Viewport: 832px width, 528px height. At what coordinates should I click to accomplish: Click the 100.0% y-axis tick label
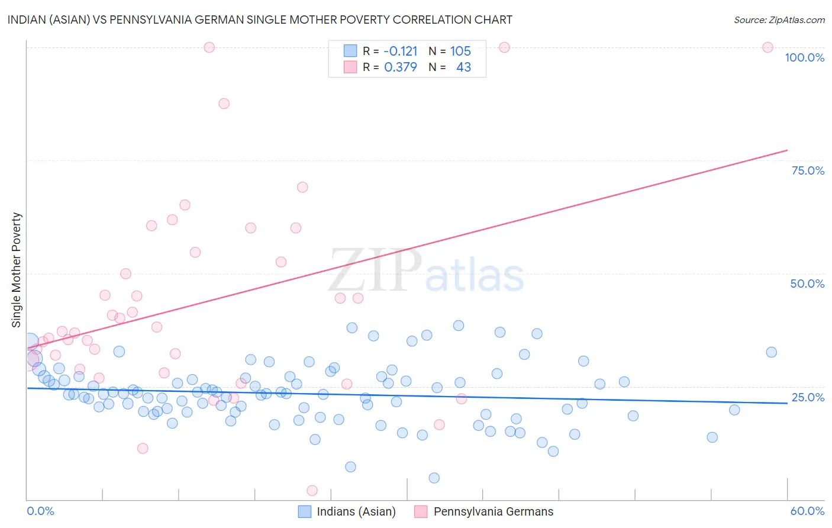[804, 57]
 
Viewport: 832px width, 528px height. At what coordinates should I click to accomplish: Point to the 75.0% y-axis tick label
[808, 170]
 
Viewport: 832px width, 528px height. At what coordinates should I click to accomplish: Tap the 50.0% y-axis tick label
[807, 284]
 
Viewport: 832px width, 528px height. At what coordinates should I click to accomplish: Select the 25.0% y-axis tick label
[808, 397]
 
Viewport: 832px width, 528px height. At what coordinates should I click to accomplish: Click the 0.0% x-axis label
[40, 511]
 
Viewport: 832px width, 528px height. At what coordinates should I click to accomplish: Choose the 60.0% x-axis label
[807, 511]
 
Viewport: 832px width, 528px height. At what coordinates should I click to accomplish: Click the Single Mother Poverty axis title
[16, 270]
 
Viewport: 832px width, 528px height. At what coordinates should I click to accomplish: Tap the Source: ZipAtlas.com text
[779, 20]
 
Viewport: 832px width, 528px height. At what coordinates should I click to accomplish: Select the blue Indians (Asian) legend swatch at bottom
[305, 511]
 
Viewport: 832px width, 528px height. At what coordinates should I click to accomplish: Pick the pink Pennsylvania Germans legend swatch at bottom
[421, 511]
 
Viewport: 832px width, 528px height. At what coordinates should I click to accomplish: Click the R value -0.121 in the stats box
[401, 51]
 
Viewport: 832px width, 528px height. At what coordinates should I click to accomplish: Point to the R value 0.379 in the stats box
[401, 67]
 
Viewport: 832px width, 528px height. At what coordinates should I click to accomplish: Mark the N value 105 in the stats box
[460, 51]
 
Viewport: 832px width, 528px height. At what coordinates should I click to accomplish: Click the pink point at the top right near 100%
[767, 47]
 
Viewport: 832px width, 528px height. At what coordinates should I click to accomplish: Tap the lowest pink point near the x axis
[312, 491]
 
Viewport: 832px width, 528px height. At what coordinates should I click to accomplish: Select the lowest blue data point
[434, 478]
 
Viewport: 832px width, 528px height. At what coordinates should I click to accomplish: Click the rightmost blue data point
[771, 352]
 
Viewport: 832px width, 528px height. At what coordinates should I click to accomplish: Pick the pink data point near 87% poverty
[224, 104]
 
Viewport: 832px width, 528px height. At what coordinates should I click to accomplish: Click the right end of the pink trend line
[787, 150]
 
